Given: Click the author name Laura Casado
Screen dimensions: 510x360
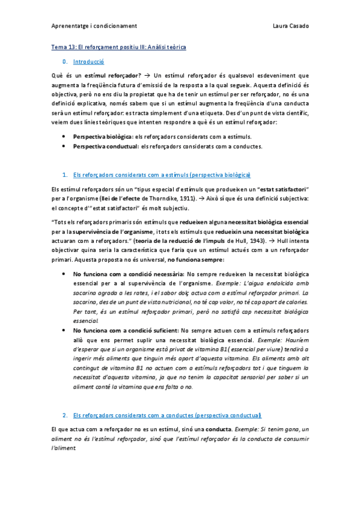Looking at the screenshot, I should (x=290, y=26).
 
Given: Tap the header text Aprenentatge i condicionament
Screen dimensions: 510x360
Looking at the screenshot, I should (x=94, y=26).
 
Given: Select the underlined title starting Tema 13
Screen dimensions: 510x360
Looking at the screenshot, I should (x=118, y=47).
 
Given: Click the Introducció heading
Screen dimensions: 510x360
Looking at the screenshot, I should (x=88, y=61).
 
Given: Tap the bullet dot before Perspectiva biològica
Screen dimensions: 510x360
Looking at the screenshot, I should (x=64, y=137).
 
